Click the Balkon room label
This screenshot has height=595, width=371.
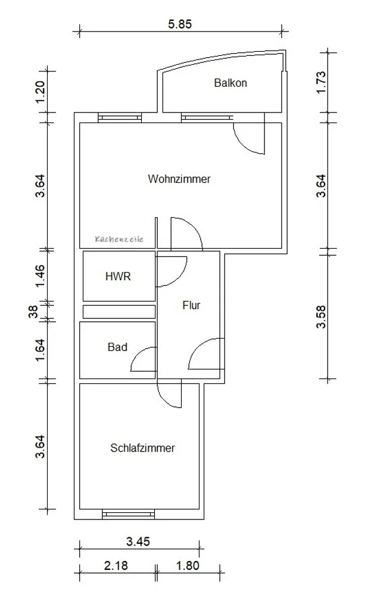(230, 83)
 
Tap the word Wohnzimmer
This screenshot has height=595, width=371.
(179, 178)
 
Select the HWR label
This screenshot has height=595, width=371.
(118, 276)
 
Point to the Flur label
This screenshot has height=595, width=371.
(191, 305)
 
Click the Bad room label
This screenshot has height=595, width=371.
(117, 347)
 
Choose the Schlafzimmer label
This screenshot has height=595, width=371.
(142, 448)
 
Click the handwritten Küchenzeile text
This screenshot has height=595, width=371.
(119, 239)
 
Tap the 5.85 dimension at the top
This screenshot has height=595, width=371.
(180, 24)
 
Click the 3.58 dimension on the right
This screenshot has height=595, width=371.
(321, 317)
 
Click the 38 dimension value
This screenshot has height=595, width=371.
(34, 312)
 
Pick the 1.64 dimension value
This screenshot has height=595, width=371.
(40, 350)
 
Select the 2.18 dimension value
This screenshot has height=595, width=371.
(116, 566)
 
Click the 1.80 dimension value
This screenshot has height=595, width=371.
(188, 566)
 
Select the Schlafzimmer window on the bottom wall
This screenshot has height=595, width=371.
(129, 514)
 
